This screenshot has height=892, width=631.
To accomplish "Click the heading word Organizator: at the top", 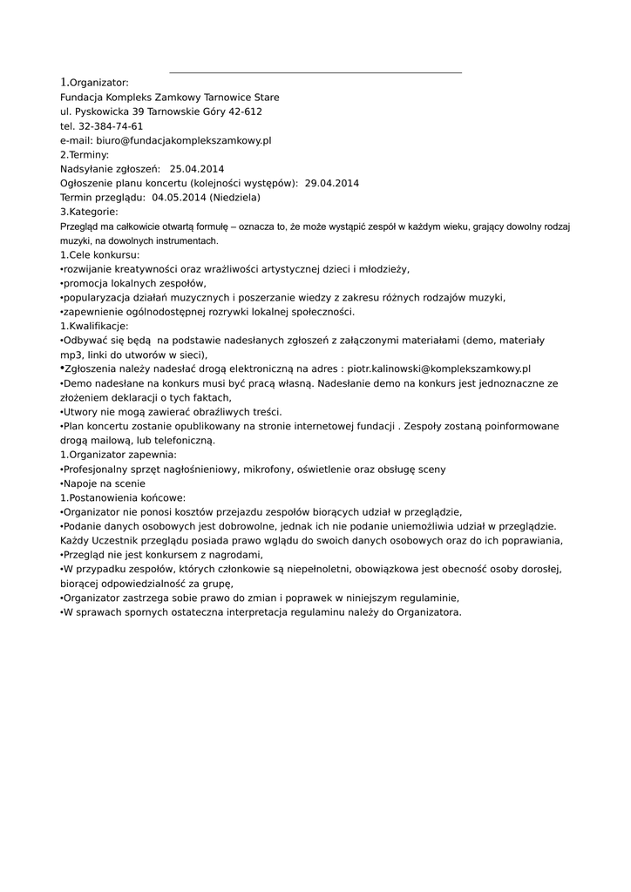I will (99, 83).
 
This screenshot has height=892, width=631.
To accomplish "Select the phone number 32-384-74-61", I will (111, 126).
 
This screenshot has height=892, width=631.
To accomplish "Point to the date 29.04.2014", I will (332, 183).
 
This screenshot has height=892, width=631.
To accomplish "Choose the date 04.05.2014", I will (179, 197).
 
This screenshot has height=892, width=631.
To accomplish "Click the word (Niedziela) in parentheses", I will (234, 197).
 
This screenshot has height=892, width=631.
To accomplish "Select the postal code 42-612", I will (244, 111).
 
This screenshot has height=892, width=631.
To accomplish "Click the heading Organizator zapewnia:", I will (122, 455).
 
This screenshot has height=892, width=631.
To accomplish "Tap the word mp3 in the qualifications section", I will (70, 355).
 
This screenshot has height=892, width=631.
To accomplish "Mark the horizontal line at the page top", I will (315, 73).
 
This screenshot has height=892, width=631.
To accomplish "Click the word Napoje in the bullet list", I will (81, 483).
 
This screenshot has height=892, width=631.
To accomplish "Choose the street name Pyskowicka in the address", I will (103, 111).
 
